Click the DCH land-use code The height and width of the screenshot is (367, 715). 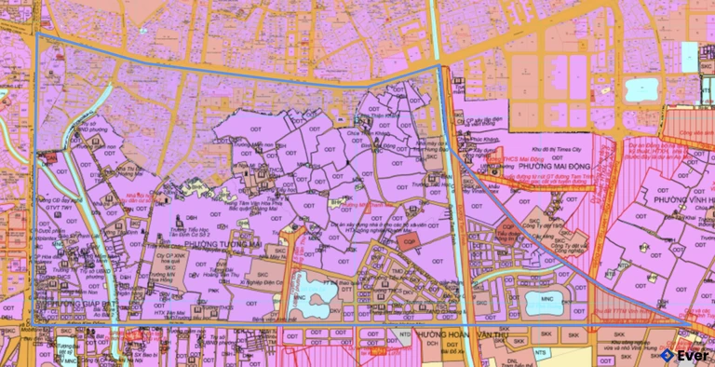[x=434, y=344]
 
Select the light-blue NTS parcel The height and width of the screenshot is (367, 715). [x=541, y=352]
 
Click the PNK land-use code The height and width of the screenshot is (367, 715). [x=213, y=291]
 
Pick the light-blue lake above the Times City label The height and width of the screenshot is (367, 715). [x=641, y=88]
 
